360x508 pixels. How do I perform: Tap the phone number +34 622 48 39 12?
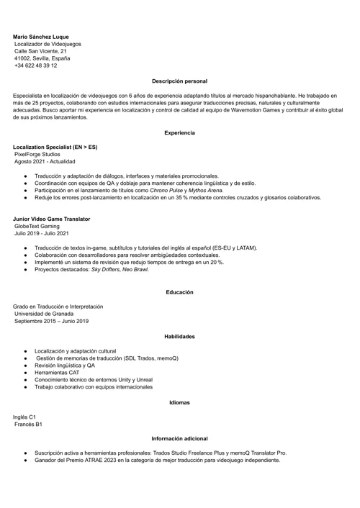coord(36,65)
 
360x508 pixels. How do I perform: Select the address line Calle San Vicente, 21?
coord(40,51)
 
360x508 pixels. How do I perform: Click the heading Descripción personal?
coord(180,81)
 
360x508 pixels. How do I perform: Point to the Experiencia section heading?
coord(180,133)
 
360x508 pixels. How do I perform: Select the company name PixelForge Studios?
coord(37,154)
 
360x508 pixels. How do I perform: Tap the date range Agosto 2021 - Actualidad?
coord(45,162)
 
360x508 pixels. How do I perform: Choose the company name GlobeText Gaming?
coord(37,226)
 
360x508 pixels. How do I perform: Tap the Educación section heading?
coord(180,292)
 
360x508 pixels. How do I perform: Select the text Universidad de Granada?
coord(45,314)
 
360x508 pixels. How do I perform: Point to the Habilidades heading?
coord(180,337)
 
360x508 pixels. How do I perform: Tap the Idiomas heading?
coord(180,402)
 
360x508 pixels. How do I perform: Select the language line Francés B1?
coord(29,425)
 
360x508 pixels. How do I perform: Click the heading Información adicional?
coord(180,438)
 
